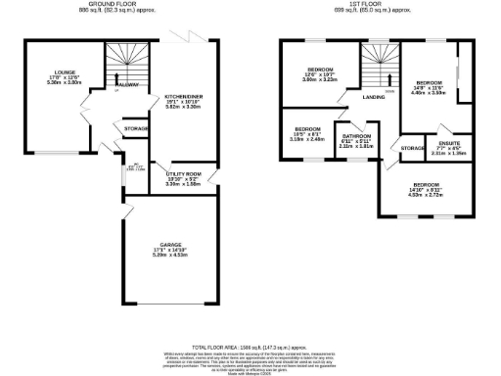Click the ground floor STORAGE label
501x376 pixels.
point(136,128)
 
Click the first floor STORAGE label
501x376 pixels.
point(413,148)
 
